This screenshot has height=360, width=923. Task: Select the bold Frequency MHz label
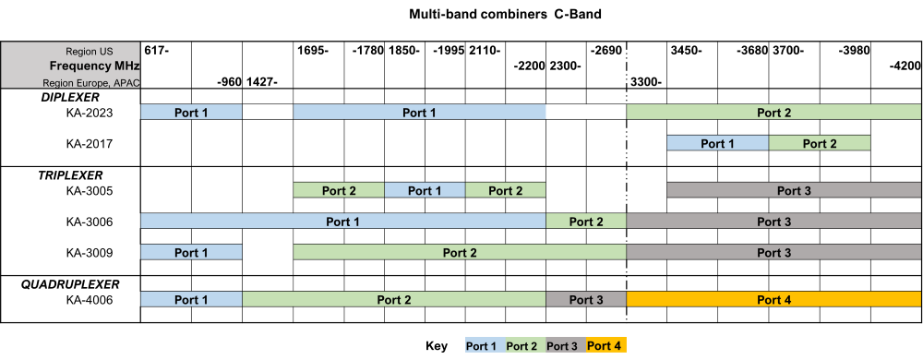coord(94,66)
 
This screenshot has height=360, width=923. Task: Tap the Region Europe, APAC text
coord(90,82)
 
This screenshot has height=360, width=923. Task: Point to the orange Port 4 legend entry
coord(606,346)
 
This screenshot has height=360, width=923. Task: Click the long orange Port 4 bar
coord(773,299)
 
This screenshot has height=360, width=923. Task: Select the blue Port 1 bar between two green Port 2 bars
coord(425,190)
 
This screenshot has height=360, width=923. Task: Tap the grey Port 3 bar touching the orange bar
coord(586,299)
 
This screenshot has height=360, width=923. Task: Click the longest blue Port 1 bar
coord(343,222)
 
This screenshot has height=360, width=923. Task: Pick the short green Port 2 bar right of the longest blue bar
coord(586,222)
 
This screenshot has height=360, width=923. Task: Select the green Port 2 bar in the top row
coord(773,112)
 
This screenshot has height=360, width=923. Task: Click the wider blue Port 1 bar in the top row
coord(420,112)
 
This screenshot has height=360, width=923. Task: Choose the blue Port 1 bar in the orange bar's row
coord(191,299)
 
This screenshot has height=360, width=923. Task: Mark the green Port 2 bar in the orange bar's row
coord(394,299)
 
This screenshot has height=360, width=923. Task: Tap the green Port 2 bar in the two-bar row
coord(820,143)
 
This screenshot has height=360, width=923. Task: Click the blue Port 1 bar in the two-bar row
coord(718,143)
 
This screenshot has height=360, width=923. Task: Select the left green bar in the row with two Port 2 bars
coord(339,190)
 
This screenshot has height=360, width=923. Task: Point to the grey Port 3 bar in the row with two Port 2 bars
coord(794,190)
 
